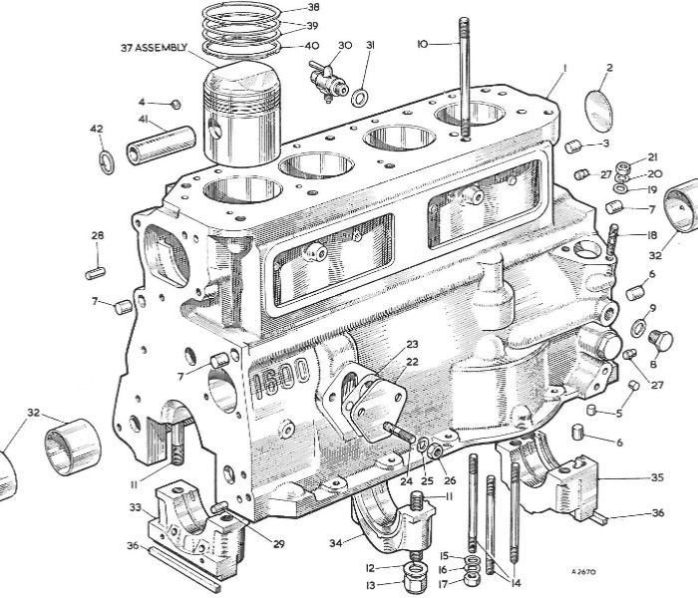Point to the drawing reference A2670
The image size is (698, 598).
point(586,572)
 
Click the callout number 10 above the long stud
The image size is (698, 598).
point(423,44)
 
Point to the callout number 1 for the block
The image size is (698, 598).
point(563,67)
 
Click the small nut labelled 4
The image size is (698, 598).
point(175,103)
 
